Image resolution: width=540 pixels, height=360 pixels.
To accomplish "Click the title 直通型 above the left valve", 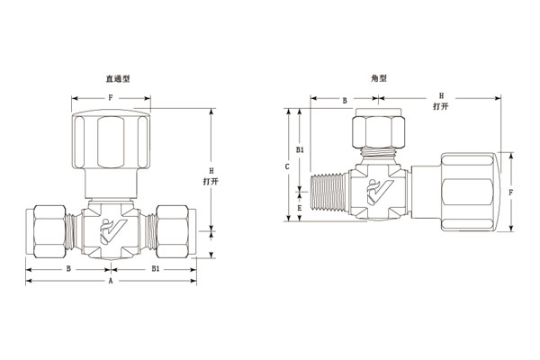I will click(x=118, y=79).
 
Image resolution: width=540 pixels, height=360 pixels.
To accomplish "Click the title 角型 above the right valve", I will click(x=379, y=78).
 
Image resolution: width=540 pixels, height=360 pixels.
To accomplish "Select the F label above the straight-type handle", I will click(x=110, y=96).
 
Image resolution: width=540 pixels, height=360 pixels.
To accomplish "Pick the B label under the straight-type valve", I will click(x=69, y=268).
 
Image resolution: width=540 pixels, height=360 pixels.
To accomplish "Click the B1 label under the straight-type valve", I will click(x=155, y=268).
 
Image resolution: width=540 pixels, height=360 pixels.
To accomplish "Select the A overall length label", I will click(x=111, y=282).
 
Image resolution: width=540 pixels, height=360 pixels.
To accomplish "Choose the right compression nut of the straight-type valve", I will click(x=175, y=231).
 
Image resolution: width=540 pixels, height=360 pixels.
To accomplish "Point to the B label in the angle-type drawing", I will click(x=345, y=101).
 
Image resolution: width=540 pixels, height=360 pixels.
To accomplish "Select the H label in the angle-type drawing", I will click(x=440, y=94).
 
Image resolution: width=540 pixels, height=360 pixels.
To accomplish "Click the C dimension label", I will click(x=286, y=166).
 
